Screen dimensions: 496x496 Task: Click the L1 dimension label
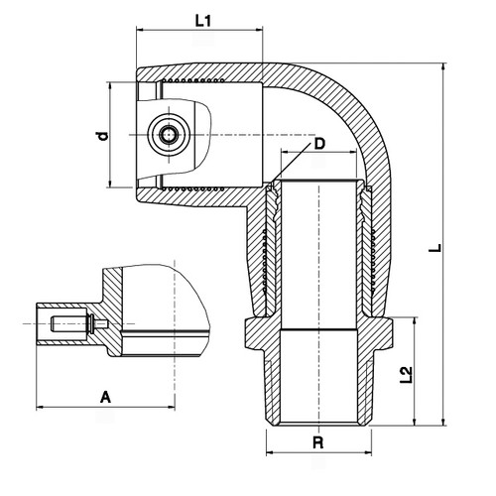click(x=202, y=21)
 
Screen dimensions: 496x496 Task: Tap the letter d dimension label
click(x=103, y=136)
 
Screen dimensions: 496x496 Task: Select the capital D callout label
click(x=319, y=144)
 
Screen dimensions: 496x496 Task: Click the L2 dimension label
click(x=407, y=375)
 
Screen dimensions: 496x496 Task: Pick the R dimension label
click(x=317, y=442)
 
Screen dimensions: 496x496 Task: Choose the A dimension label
click(x=105, y=397)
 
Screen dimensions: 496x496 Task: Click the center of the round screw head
click(x=169, y=135)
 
